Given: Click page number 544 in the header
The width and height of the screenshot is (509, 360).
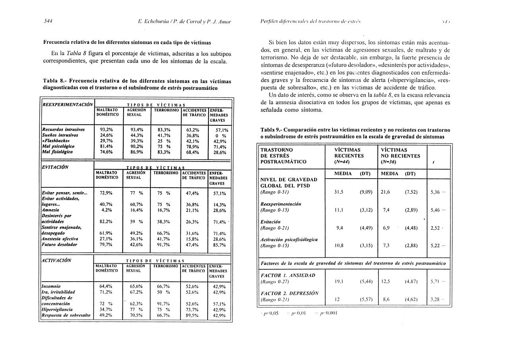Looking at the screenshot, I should (x=48, y=21).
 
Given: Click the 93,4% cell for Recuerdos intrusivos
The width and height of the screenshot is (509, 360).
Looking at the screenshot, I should (x=136, y=129).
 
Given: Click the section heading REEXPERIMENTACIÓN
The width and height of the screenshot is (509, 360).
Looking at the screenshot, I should (x=67, y=104).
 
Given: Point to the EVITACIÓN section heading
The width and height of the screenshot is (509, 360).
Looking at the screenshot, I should (x=55, y=167).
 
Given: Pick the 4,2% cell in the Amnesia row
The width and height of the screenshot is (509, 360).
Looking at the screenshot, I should (x=106, y=210).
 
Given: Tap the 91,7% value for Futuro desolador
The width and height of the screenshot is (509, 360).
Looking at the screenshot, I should (x=163, y=245).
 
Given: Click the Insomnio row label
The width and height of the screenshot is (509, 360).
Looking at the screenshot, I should (x=51, y=286).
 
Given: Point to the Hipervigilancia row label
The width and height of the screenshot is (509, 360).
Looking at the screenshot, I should (x=57, y=309).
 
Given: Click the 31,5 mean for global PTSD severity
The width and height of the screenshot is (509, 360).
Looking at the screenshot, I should (x=339, y=192).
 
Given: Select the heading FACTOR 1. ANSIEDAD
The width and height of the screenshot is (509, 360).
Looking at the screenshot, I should (x=288, y=275).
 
